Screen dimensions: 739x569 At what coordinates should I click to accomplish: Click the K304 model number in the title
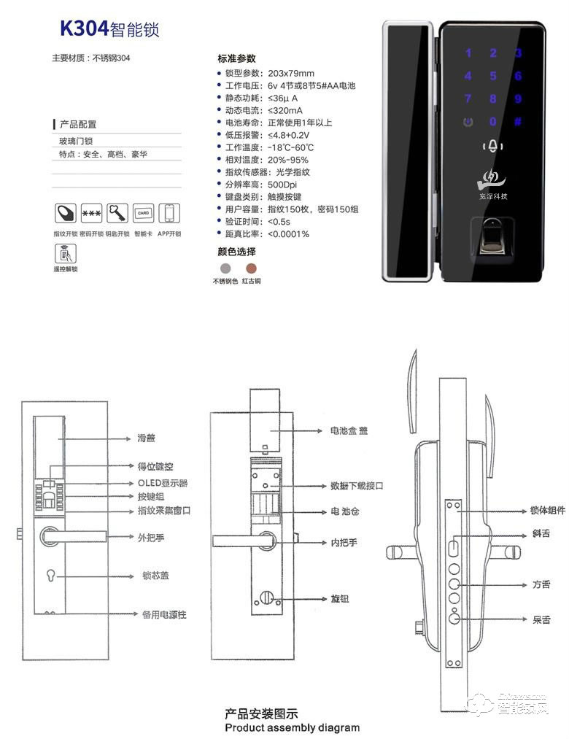[x=84, y=28]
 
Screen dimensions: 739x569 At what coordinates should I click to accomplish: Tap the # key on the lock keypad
[x=517, y=122]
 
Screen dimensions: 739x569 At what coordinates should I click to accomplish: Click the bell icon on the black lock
[x=494, y=147]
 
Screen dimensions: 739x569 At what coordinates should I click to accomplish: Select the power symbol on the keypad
[x=468, y=122]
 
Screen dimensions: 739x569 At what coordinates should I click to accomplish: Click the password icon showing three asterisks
[x=91, y=214]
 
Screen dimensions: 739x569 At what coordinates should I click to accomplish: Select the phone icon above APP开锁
[x=169, y=214]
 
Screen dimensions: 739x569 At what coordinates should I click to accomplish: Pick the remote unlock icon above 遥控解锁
[x=65, y=253]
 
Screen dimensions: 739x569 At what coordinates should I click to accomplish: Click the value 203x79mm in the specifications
[x=290, y=74]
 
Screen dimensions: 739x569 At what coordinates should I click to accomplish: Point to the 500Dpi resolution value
[x=284, y=185]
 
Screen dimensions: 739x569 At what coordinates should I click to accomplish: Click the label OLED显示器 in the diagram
[x=163, y=483]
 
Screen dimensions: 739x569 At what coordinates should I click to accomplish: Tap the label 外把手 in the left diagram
[x=148, y=538]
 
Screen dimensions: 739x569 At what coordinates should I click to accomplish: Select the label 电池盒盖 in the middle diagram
[x=349, y=431]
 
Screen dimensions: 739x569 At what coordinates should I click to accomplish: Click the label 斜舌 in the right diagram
[x=541, y=534]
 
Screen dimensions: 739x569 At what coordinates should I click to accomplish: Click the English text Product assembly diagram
[x=292, y=727]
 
